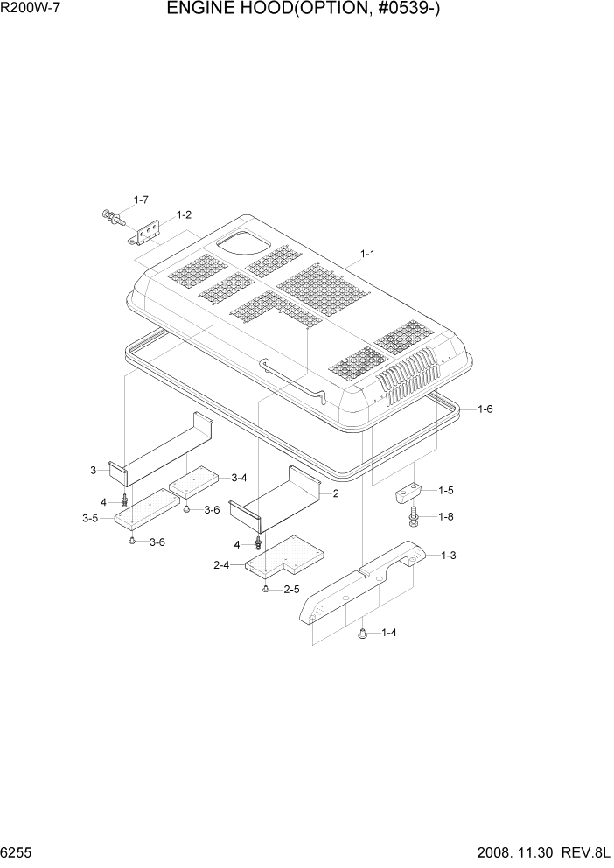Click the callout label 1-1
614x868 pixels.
tap(366, 254)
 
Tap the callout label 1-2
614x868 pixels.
tap(184, 214)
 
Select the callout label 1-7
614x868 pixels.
tap(141, 200)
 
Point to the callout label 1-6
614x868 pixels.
tap(485, 409)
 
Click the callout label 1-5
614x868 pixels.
tap(445, 491)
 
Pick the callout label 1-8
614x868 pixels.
tap(445, 517)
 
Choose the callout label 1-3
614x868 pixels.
tap(449, 555)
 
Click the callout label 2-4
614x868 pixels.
tap(221, 565)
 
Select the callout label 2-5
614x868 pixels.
tap(290, 590)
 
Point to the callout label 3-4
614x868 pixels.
tap(239, 477)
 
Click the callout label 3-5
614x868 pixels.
tap(90, 519)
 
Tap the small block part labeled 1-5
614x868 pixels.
tap(408, 493)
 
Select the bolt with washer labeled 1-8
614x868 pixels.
tap(414, 518)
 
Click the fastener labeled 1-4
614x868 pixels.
tap(362, 633)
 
